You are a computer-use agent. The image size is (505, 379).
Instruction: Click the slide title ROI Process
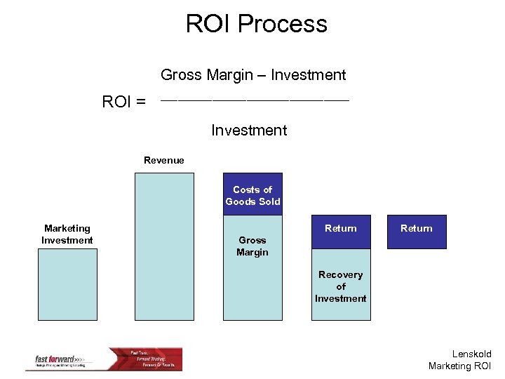tap(256, 24)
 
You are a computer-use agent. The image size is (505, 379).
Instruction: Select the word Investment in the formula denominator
tap(249, 131)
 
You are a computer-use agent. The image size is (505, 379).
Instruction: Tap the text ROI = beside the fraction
tap(124, 102)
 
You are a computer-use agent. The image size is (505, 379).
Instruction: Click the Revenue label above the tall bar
tap(164, 161)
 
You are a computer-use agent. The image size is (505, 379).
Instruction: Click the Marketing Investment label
tap(67, 234)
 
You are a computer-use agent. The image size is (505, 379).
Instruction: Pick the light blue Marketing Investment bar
tap(67, 284)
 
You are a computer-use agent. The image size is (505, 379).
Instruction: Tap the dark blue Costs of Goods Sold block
tap(252, 195)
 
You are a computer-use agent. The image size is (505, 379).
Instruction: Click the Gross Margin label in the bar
tap(252, 246)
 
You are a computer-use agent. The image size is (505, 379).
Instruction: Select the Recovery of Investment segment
tap(341, 286)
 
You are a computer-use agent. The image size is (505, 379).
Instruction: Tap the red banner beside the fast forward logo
tap(154, 359)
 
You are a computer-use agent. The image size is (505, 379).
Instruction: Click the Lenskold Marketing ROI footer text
tap(460, 360)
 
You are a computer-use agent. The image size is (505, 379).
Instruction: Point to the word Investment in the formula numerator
tap(309, 75)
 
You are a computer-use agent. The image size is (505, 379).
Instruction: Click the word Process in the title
tap(283, 24)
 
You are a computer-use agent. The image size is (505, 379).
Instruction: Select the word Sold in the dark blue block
tap(269, 201)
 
